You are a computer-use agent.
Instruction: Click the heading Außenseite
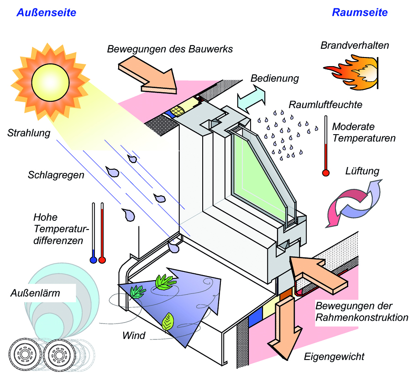coord(47,12)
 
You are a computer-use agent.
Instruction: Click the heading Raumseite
coord(360,12)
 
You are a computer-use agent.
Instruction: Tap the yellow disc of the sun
coord(50,82)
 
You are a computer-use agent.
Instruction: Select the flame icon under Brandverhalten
coord(351,72)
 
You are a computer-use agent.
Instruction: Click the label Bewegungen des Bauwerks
coord(170,49)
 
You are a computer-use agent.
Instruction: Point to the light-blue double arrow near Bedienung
coord(251,99)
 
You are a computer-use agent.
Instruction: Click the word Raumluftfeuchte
coord(325,105)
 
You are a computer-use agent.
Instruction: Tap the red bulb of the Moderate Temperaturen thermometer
coord(326,173)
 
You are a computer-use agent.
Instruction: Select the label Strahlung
coord(29,133)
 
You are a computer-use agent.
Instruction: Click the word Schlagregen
coord(56,175)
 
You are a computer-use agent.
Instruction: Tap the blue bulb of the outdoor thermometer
coord(94,260)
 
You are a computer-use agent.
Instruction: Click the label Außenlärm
coord(35,293)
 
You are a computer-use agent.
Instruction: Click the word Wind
coord(134,336)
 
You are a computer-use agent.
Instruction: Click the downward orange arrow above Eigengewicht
coord(285,327)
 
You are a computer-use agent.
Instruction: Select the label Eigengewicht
coord(334,357)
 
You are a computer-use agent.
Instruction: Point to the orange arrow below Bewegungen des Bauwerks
coord(148,75)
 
